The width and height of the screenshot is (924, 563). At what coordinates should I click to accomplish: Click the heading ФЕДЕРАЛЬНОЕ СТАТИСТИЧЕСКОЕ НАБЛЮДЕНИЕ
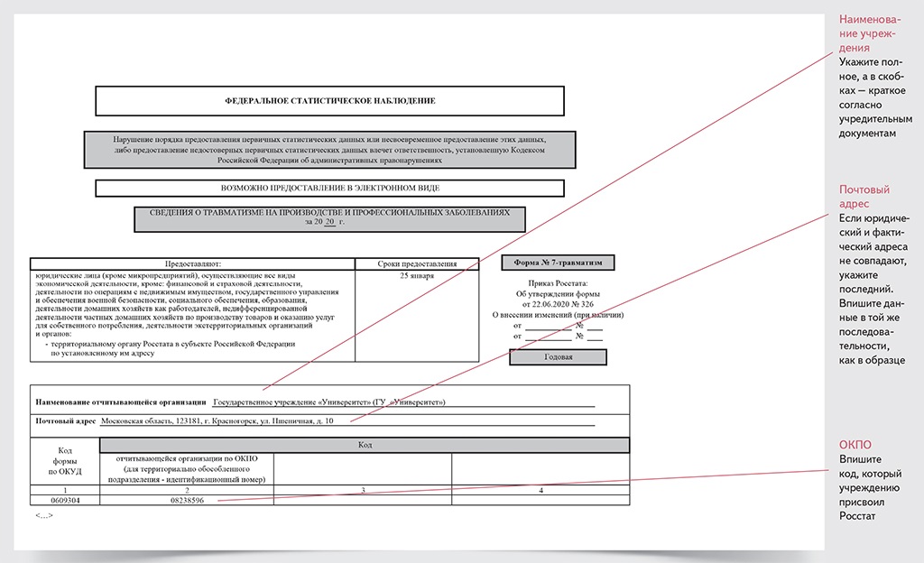coord(329,101)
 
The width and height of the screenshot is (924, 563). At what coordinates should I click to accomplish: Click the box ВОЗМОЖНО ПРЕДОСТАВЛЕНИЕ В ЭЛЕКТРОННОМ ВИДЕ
coord(329,189)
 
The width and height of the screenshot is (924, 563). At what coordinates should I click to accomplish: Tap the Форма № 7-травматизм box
coord(558,263)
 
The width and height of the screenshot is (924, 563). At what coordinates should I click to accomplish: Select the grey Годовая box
coord(558,356)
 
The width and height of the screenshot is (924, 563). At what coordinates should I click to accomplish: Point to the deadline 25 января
coord(417,275)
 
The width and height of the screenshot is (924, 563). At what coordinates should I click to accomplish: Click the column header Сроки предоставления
coord(417,263)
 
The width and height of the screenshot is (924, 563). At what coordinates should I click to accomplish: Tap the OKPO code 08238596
coord(186,500)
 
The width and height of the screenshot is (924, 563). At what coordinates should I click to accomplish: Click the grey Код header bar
coord(365,445)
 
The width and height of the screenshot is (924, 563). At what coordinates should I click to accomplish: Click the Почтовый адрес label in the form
coord(65,420)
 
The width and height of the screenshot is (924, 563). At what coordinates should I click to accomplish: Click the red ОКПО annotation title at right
coord(855,445)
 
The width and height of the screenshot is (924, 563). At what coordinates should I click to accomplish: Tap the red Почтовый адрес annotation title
coord(864,198)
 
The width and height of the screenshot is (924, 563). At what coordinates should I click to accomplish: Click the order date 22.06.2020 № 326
coord(557,303)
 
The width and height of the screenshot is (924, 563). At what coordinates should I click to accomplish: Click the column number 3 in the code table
coord(362,490)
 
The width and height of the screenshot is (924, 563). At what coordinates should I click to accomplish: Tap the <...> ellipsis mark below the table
coord(44,515)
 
